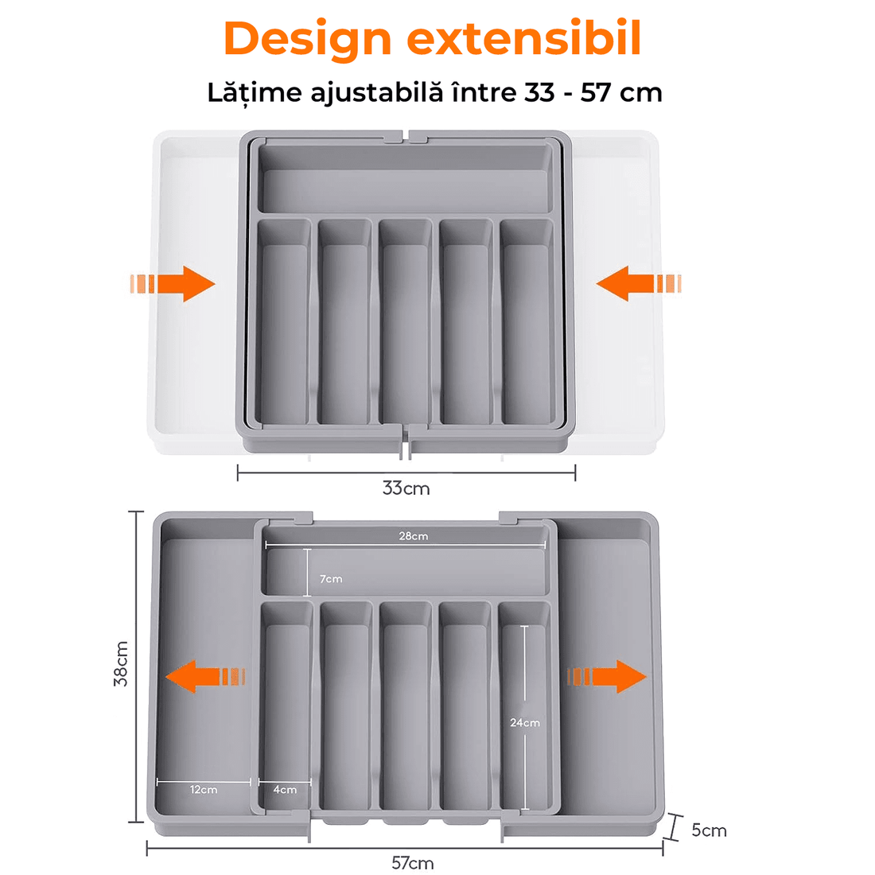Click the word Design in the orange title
pos(308,39)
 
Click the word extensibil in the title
pos(523,38)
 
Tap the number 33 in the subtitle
pos(539,92)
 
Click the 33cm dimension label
pos(406,488)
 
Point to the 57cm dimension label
pos(412,863)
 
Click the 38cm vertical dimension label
pos(121,663)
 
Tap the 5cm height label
pos(709,830)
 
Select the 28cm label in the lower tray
pos(414,535)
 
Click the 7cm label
pos(331,578)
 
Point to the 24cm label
pos(524,722)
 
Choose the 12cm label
pos(204,790)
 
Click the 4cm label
pos(285,790)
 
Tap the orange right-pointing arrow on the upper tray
pos(173,283)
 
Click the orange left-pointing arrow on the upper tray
pos(639,283)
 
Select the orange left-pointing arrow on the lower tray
pos(205,676)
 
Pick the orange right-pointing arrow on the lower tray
pos(607,676)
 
